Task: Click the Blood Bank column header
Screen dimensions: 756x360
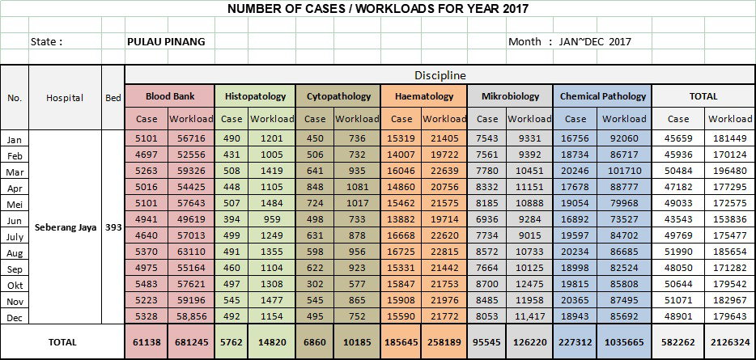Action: (170, 96)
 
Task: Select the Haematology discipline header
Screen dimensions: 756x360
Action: (424, 96)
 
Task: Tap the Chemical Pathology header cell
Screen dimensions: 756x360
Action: (603, 96)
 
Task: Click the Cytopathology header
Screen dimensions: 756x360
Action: (338, 96)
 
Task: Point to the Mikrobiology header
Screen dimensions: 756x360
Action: (510, 96)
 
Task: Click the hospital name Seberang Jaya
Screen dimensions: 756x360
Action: (66, 227)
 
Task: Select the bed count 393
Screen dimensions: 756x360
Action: (113, 227)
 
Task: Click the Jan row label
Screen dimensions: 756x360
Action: (15, 140)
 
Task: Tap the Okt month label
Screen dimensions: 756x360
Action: (15, 286)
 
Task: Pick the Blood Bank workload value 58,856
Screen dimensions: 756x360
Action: (191, 316)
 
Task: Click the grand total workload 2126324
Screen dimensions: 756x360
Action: (730, 342)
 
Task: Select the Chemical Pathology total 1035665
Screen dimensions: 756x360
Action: (624, 342)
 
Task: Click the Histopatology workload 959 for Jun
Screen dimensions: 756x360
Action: (272, 219)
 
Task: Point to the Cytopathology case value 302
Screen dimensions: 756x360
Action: (315, 284)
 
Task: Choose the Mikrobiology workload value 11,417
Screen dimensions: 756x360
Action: (529, 316)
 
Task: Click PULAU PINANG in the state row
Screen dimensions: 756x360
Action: (166, 41)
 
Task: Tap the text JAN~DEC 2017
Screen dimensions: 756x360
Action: (595, 41)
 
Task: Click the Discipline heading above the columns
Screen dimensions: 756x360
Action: (440, 75)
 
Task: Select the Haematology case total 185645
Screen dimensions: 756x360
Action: (401, 342)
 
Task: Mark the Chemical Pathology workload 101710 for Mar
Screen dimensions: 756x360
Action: (624, 171)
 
